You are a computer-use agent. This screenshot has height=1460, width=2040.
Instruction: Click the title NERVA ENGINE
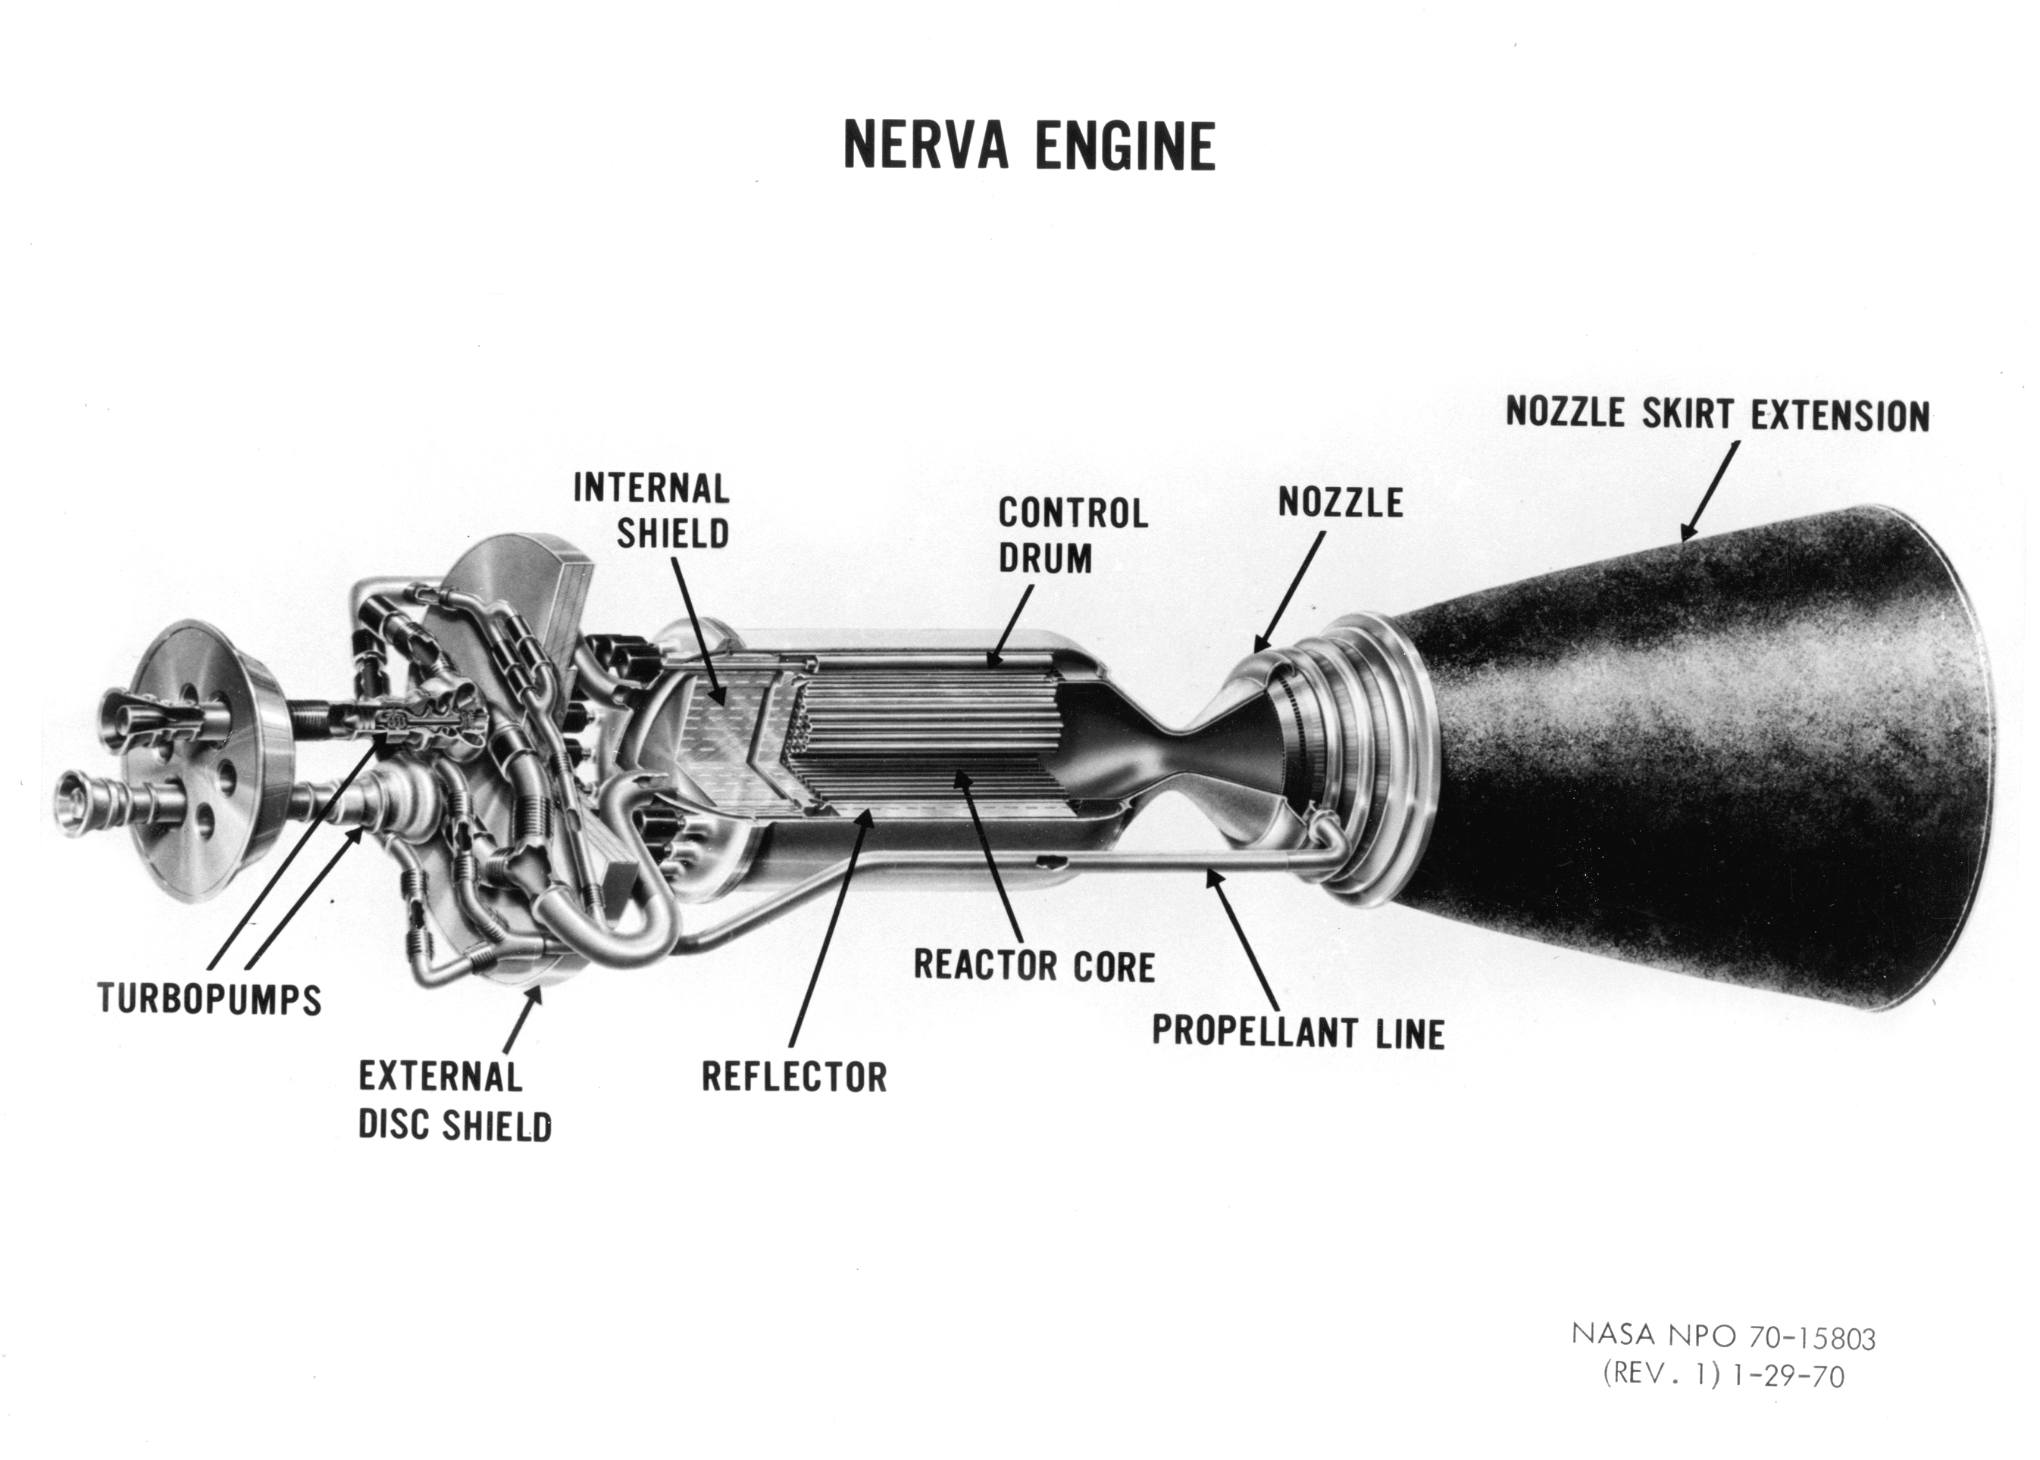[1029, 147]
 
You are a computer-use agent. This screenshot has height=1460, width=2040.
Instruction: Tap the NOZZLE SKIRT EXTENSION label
[1717, 414]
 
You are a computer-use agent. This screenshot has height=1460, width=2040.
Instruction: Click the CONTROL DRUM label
[1073, 536]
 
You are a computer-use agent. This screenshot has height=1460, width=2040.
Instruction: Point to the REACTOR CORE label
[1034, 966]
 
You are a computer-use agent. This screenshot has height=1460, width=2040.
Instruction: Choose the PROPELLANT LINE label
[1298, 1032]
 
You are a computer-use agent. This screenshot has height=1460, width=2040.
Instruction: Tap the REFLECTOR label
[794, 1076]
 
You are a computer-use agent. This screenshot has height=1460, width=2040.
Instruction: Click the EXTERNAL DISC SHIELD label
[454, 1101]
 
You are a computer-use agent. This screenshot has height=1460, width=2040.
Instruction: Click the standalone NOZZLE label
[1341, 503]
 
